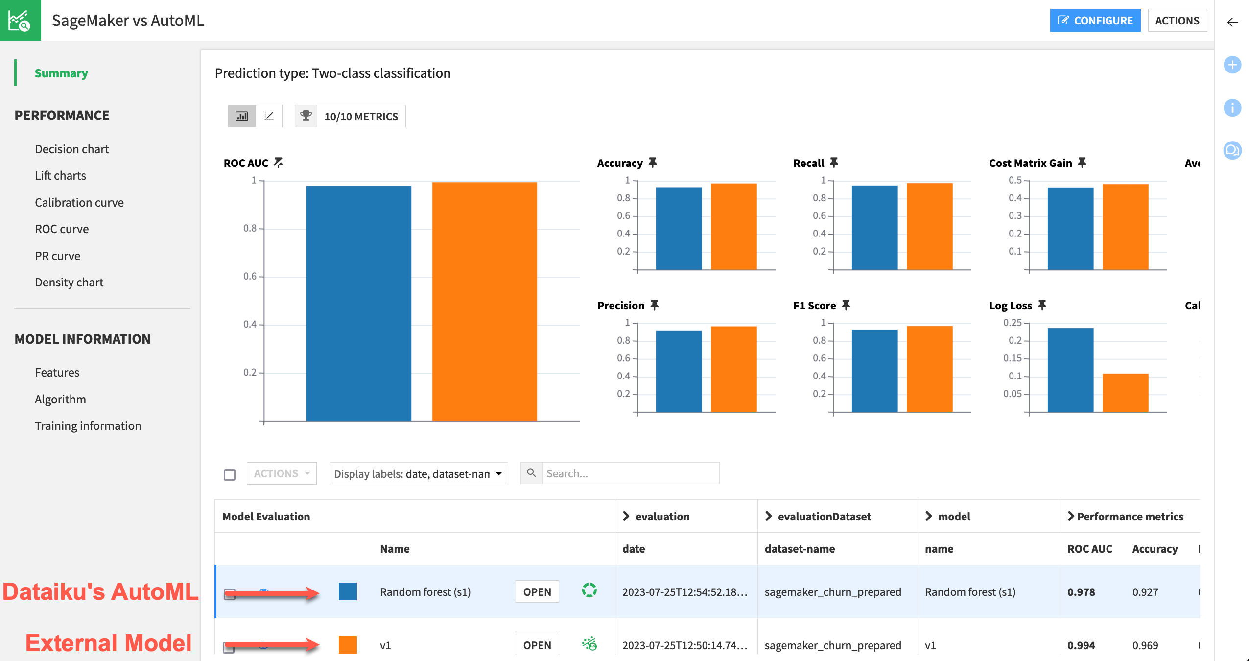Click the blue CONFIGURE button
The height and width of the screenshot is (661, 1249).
1095,21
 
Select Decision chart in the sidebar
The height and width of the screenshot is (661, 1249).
71,149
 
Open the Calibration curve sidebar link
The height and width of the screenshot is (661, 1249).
79,203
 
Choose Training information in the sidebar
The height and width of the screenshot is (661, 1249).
88,426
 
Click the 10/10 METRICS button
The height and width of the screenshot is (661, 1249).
361,117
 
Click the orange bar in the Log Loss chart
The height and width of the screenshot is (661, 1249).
1125,393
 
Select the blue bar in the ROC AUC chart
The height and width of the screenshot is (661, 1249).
358,304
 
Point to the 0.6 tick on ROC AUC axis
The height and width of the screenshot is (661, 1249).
250,277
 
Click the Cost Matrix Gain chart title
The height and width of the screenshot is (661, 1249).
1030,164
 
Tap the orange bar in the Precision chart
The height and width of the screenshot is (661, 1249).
733,369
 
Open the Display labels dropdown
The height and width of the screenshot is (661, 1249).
419,474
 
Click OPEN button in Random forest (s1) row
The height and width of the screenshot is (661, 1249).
537,592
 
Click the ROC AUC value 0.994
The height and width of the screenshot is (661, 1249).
1081,645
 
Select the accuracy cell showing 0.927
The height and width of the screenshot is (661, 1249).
1145,592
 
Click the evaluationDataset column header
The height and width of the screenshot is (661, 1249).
824,517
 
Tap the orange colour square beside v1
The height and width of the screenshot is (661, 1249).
348,645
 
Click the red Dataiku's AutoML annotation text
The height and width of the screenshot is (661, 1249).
100,591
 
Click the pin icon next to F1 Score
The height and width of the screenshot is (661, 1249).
846,305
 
